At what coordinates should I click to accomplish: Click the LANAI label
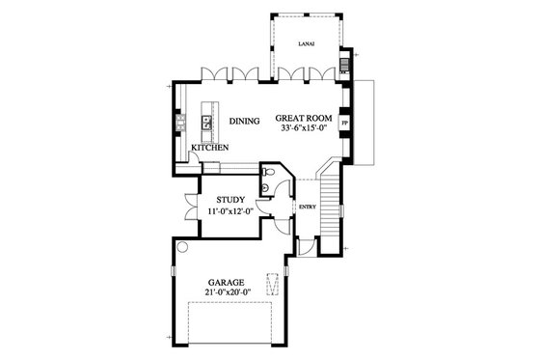coord(307,43)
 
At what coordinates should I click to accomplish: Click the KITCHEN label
coord(209,148)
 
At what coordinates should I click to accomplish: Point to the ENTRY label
coord(308,207)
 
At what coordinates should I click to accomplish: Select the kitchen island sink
coord(205,122)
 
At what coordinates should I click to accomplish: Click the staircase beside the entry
coord(333,203)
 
